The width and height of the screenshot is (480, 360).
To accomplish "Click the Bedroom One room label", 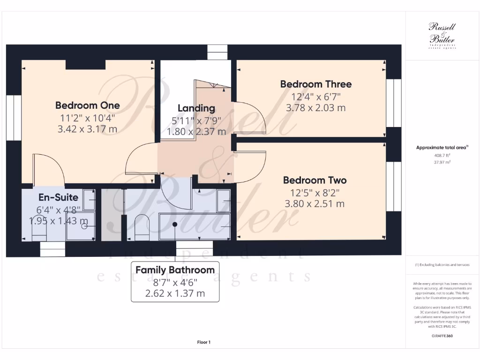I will [x=87, y=105].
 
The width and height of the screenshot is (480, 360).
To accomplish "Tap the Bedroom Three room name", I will [x=315, y=84].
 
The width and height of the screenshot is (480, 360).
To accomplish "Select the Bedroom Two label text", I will [x=315, y=180].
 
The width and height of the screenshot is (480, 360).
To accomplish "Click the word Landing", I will [x=196, y=108].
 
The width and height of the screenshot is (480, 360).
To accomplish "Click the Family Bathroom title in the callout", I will [x=175, y=270].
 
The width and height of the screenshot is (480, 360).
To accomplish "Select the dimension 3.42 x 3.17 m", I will [x=87, y=129].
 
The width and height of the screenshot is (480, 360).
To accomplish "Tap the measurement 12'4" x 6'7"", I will [x=315, y=97].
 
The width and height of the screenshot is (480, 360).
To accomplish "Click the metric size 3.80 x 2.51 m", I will [x=315, y=204].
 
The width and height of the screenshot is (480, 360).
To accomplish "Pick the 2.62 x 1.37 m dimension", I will [x=175, y=294].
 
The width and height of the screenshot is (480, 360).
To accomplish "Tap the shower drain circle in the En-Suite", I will [x=85, y=226].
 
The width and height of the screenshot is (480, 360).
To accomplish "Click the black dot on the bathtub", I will [x=175, y=224].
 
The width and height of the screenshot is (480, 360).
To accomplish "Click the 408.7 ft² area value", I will [x=441, y=155].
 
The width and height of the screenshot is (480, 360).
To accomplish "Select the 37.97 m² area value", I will [x=441, y=162].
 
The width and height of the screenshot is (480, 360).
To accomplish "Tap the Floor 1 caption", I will [x=204, y=343].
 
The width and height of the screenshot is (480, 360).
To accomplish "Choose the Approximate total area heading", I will [x=441, y=148].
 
